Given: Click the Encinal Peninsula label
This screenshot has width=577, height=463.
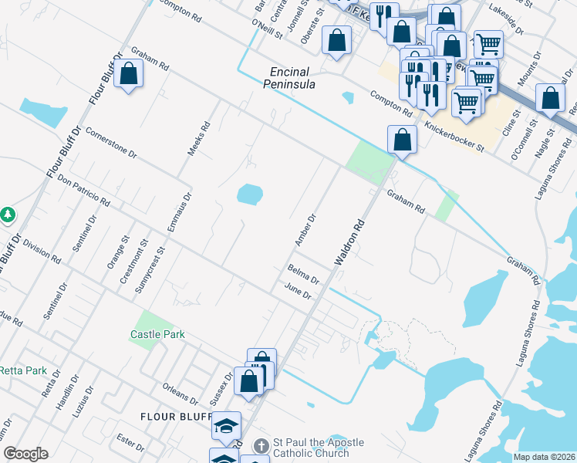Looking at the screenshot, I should tap(290, 77).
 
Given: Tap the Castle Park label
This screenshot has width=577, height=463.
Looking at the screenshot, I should tap(157, 334).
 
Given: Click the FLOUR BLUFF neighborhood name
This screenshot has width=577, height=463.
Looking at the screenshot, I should tap(176, 417).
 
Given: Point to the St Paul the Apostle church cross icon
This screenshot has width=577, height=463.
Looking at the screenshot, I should tap(261, 447).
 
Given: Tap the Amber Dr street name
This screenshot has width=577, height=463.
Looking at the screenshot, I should tap(304, 231).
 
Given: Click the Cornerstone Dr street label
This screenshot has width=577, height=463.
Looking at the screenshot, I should tap(111, 143).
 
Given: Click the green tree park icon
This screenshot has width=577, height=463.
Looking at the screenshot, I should tap(8, 215).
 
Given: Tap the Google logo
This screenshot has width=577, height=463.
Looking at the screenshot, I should tap(25, 454).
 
